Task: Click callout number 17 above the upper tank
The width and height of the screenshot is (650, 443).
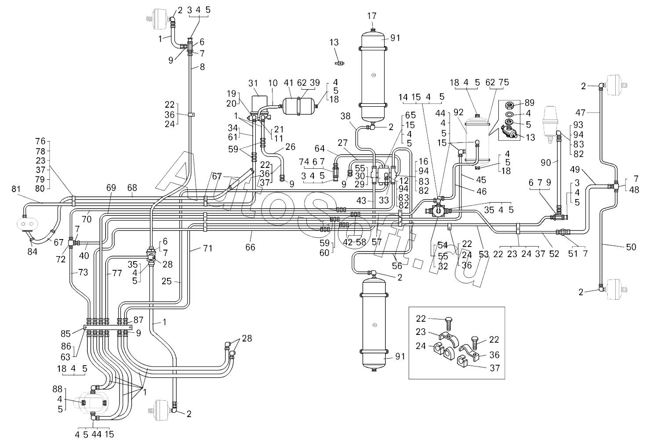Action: point(372,16)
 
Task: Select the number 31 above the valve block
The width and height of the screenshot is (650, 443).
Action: point(253,83)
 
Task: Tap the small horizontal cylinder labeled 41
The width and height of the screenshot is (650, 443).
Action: point(298,106)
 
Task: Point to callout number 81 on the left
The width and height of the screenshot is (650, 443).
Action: point(16,189)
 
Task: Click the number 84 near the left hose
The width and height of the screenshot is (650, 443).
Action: point(32,251)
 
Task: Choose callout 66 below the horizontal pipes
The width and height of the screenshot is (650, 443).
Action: point(250,247)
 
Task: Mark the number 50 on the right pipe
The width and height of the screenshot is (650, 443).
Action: point(631,247)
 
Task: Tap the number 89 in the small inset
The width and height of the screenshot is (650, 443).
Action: point(530,103)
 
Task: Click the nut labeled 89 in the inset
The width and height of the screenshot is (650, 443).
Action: point(511,105)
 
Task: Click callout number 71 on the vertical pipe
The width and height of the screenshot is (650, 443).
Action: point(207,249)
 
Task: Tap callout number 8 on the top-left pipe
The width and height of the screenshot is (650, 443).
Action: point(202,67)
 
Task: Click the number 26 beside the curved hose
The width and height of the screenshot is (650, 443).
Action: point(291,147)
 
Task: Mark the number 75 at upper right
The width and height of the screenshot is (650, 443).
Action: point(504,83)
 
